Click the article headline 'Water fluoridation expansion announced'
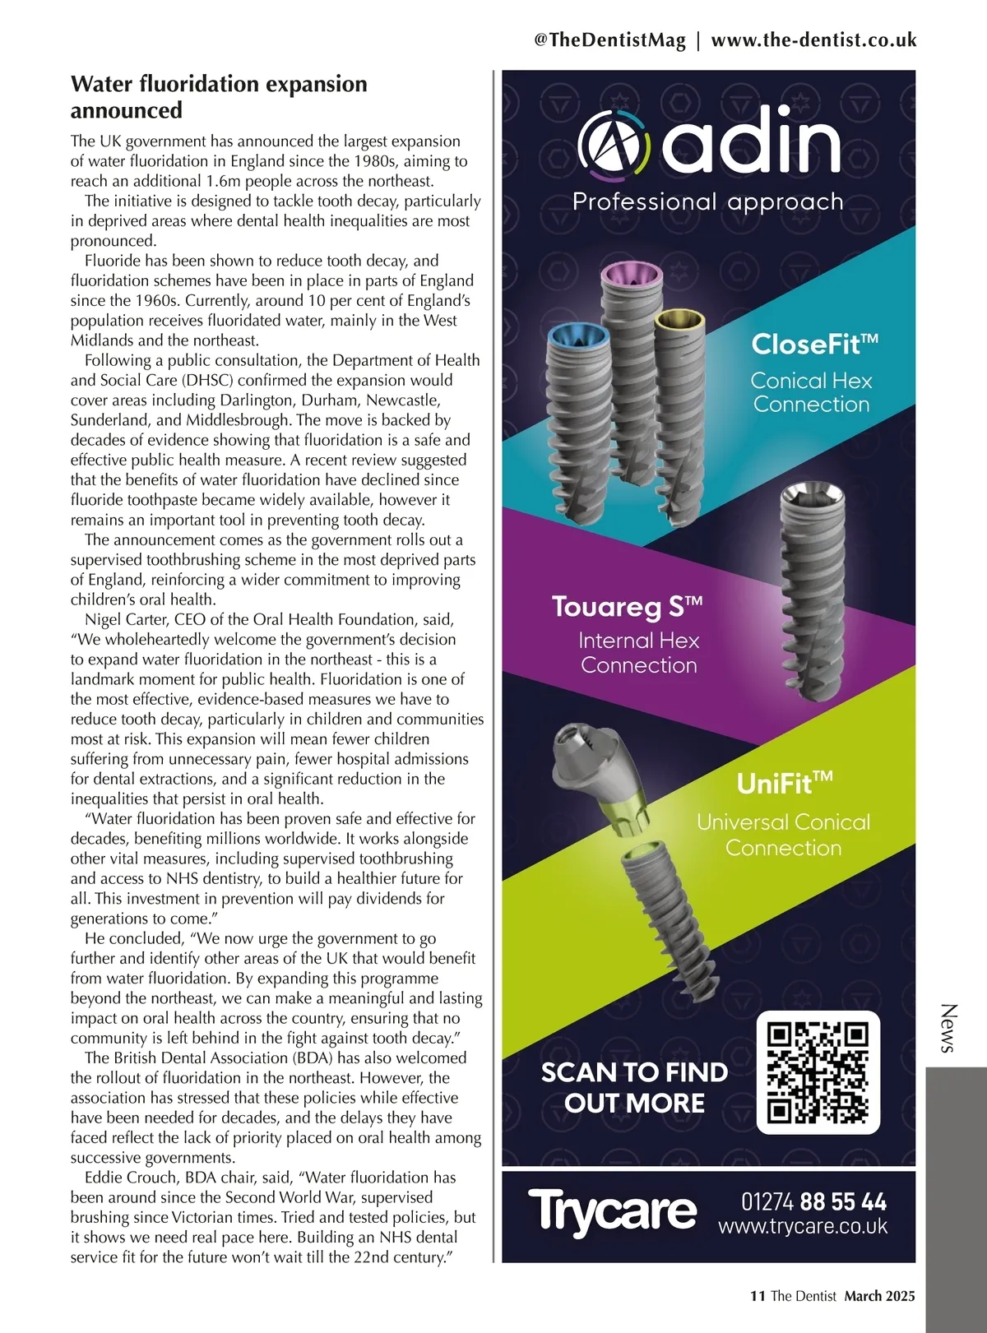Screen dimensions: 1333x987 [x=219, y=96]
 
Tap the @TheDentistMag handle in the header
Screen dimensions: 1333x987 [x=609, y=40]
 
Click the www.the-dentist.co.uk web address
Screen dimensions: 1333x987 [x=813, y=40]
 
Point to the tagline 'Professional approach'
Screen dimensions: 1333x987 [x=707, y=201]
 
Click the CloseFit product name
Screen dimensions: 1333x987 [x=814, y=344]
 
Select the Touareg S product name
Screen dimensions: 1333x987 [x=628, y=607]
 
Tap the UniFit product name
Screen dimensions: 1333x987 [x=784, y=783]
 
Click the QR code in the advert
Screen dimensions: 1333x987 [x=818, y=1072]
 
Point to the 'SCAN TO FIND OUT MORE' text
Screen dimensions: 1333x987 [x=634, y=1087]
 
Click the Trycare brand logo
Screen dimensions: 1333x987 [x=612, y=1211]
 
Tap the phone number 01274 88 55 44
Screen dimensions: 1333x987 [x=813, y=1202]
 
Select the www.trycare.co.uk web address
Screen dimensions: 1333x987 [x=803, y=1227]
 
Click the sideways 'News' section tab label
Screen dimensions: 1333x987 [x=948, y=1028]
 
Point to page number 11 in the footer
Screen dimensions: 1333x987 [x=758, y=1296]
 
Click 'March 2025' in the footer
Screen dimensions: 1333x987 [x=879, y=1296]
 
